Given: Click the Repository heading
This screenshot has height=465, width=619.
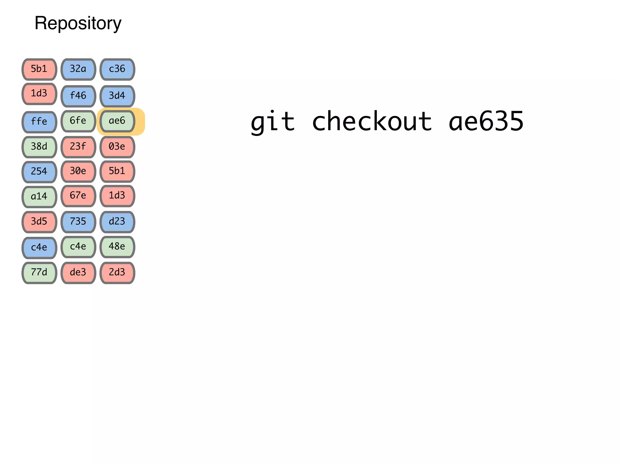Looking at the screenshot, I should pos(78,23).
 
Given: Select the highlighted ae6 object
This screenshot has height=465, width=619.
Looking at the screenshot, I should pos(117,121).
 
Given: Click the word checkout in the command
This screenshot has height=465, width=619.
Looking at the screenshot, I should pos(372,121).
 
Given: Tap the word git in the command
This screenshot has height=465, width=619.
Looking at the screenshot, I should pos(273,121).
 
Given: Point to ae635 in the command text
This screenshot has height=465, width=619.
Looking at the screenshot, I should pos(486,121).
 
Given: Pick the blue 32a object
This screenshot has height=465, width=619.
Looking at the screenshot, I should pos(78,69).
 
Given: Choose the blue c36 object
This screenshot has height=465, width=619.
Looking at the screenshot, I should pos(117,69).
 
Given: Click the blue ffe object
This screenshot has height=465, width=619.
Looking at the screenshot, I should pos(39,122).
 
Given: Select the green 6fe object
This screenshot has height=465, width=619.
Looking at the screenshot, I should pos(78,121).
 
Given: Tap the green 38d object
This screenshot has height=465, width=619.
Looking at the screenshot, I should pos(39,147).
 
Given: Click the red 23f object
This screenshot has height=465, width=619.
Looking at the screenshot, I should pos(78,147).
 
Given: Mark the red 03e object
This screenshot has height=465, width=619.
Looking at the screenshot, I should pos(117,147).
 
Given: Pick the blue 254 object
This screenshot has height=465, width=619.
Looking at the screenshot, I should pos(39,172).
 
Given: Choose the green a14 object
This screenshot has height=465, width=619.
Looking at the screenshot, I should pos(39,197).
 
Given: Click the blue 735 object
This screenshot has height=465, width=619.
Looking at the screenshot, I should pos(78,222).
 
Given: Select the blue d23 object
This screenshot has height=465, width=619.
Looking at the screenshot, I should pos(117,222).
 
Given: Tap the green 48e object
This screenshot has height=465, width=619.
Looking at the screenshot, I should pos(117,247).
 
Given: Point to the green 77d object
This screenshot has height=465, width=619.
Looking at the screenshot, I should pos(39,272).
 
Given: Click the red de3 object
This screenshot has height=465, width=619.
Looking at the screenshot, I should pos(78,272).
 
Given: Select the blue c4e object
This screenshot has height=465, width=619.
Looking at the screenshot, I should pos(39,248).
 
